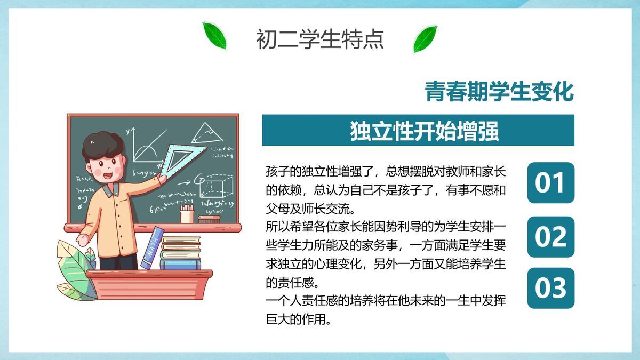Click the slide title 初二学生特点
[x=319, y=39]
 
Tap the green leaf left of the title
[x=214, y=36]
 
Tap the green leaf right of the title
[x=425, y=39]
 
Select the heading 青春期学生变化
[x=499, y=91]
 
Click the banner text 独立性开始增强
[x=425, y=131]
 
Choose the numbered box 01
[x=550, y=182]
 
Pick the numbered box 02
[x=550, y=237]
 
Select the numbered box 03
[x=550, y=288]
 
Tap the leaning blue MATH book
[x=153, y=248]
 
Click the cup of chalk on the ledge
[x=187, y=214]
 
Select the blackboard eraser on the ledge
[x=209, y=219]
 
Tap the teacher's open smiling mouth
[x=108, y=175]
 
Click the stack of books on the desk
[x=181, y=253]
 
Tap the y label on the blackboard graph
[x=127, y=131]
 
